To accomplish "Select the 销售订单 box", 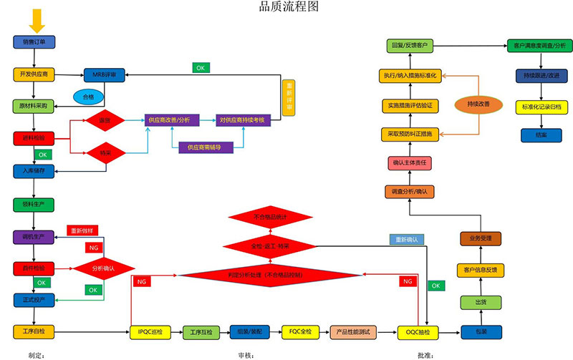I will click(x=34, y=42).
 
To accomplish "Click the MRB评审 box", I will click(x=105, y=74).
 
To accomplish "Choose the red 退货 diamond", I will click(x=105, y=121).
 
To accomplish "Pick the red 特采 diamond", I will click(x=105, y=152).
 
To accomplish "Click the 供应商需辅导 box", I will click(x=204, y=147).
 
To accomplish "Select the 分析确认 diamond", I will click(x=103, y=268).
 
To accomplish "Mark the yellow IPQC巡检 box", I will click(x=150, y=332).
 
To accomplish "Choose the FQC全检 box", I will click(x=299, y=332).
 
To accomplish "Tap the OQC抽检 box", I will click(x=418, y=332).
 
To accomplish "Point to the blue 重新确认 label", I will click(x=406, y=239).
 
